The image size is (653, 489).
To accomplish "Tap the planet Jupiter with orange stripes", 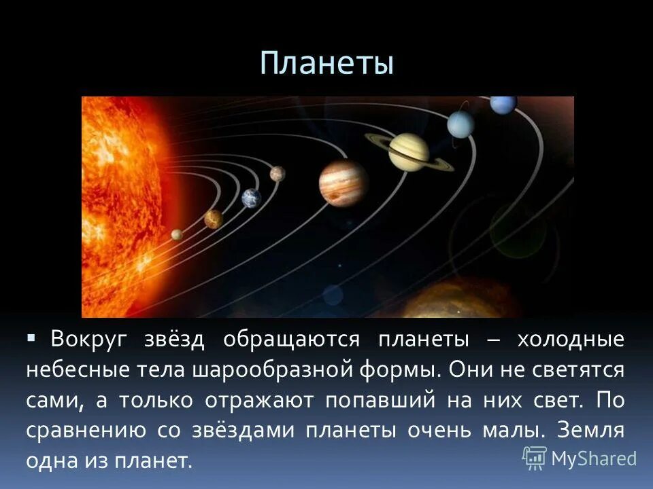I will coord(343,182).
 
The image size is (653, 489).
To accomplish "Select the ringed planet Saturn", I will coord(408,151).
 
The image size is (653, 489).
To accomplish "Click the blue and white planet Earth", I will coord(252,198).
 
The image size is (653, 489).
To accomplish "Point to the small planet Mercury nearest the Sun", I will coord(177,234).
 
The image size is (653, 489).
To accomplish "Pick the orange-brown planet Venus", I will coord(214,219).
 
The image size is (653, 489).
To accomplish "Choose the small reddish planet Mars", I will coord(277,174).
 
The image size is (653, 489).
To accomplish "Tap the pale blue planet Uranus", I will coord(461,124).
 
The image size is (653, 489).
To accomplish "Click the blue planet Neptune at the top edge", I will coord(503,104).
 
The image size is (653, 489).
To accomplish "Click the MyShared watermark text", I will coord(593,458).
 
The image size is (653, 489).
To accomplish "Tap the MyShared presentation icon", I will coord(535,458).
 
